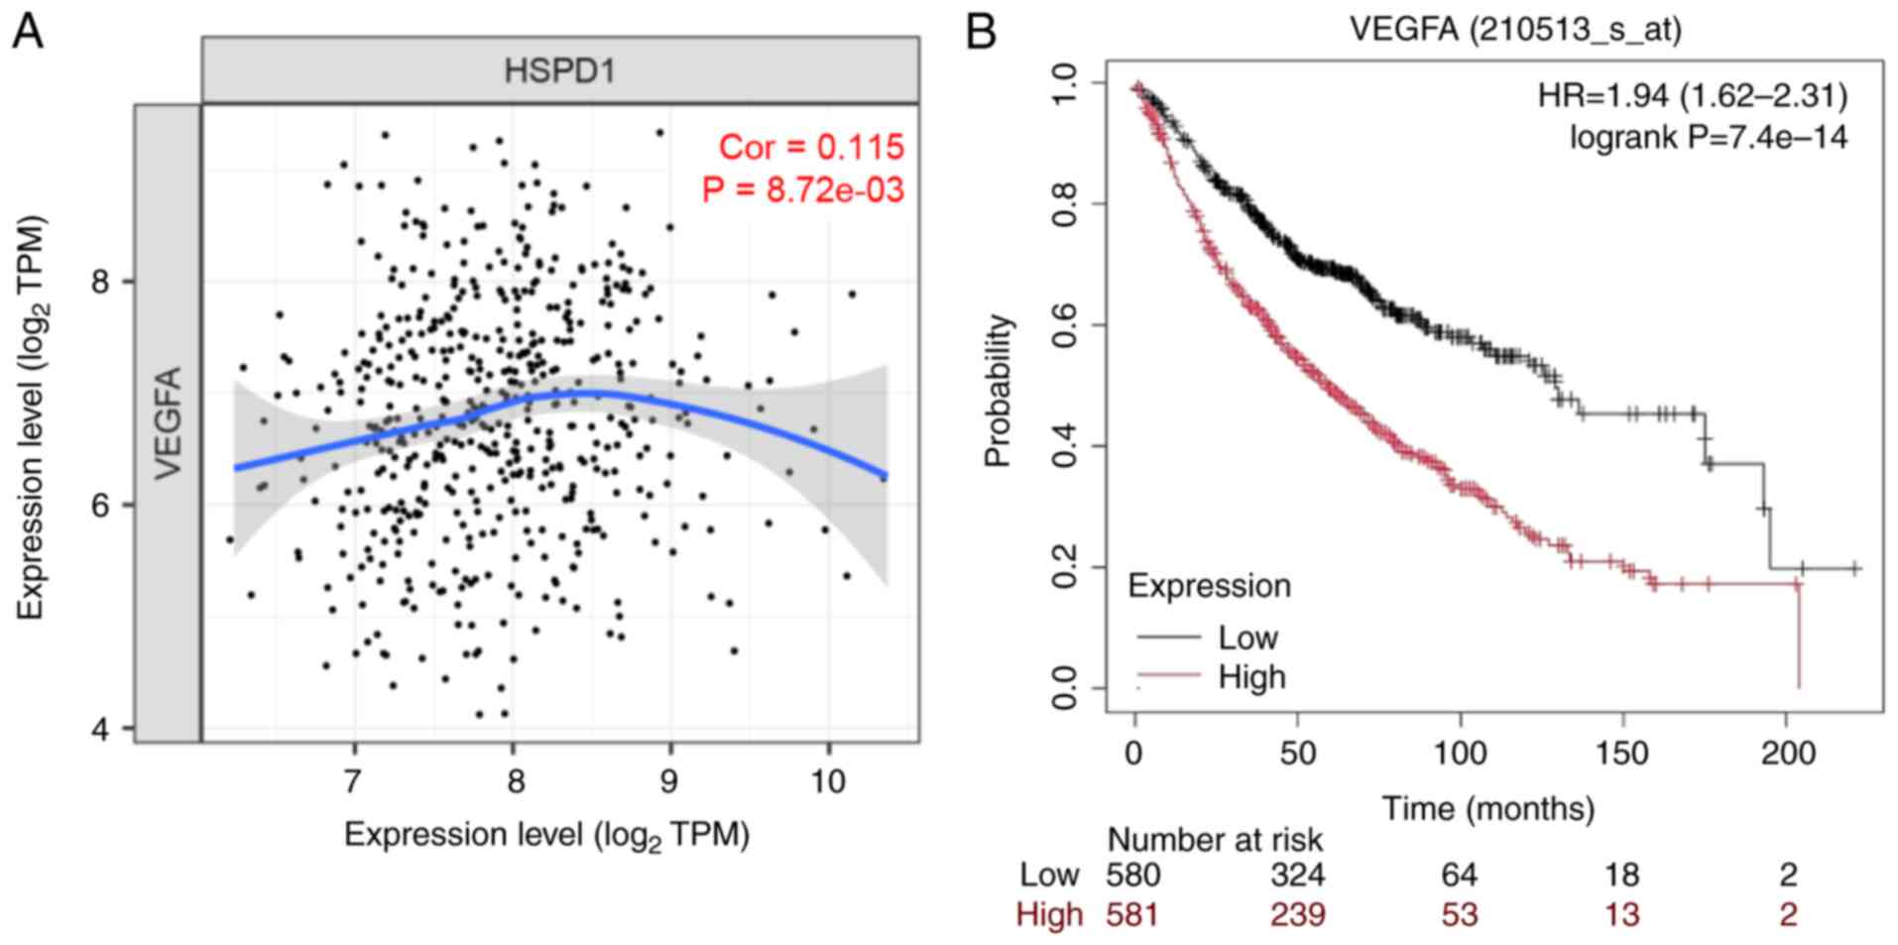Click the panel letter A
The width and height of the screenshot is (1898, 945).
pyautogui.click(x=28, y=32)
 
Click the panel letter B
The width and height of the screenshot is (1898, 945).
pyautogui.click(x=980, y=32)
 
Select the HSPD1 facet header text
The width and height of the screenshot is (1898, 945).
pyautogui.click(x=559, y=71)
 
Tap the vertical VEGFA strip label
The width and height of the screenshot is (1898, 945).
pyautogui.click(x=169, y=422)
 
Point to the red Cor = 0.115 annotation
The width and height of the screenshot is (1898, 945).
pyautogui.click(x=811, y=148)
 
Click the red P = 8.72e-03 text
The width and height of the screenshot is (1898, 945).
pyautogui.click(x=803, y=189)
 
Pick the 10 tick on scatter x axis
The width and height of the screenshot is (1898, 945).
pyautogui.click(x=827, y=781)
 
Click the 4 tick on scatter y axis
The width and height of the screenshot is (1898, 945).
pyautogui.click(x=101, y=730)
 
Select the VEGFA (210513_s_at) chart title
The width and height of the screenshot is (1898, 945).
pyautogui.click(x=1515, y=30)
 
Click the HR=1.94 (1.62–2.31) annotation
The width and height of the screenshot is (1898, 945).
pyautogui.click(x=1692, y=95)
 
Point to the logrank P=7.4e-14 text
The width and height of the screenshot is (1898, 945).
pyautogui.click(x=1708, y=137)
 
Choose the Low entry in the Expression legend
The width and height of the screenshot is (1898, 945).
pyautogui.click(x=1247, y=638)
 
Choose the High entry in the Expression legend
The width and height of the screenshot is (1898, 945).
pyautogui.click(x=1251, y=677)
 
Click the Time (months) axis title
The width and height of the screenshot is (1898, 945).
pyautogui.click(x=1488, y=809)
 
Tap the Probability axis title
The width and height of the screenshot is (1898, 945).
pyautogui.click(x=998, y=391)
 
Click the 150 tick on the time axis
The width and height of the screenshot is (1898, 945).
pyautogui.click(x=1622, y=754)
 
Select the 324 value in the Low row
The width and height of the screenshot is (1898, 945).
pyautogui.click(x=1297, y=875)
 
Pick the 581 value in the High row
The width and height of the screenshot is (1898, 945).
pyautogui.click(x=1132, y=914)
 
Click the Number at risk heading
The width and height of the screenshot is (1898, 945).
pyautogui.click(x=1215, y=840)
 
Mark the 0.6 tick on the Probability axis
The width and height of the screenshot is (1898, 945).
pyautogui.click(x=1065, y=325)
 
